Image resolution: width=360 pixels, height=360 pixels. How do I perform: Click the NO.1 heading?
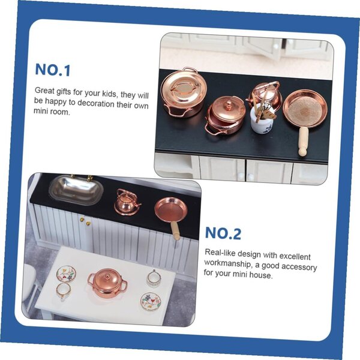53,70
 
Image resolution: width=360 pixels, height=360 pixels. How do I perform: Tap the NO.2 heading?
223,233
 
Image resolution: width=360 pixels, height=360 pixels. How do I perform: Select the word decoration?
96,104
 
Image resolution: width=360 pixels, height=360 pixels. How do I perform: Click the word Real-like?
220,253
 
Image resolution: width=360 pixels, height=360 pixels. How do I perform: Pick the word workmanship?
228,263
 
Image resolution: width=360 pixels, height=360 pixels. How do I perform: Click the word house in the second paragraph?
261,275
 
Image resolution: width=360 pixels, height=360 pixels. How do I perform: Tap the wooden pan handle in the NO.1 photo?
303,141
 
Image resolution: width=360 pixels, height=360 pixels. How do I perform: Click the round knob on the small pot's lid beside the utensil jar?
228,106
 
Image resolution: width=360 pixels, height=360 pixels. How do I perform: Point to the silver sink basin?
76,190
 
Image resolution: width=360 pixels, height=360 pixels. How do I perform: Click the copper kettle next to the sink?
127,202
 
